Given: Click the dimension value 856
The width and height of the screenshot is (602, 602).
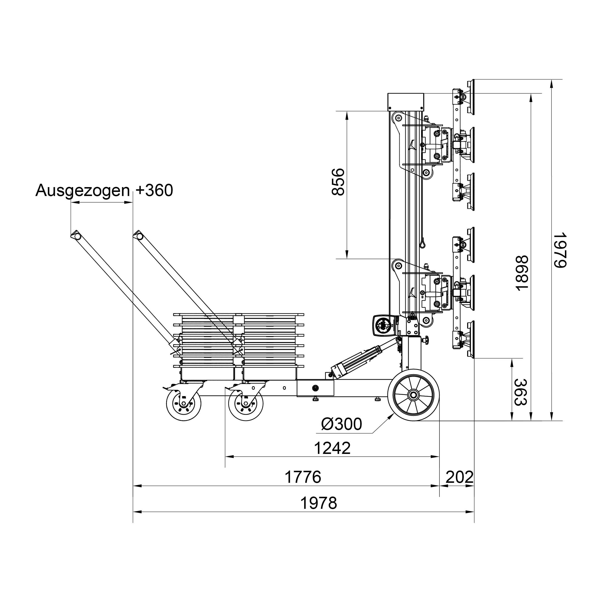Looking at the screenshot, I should (338, 182).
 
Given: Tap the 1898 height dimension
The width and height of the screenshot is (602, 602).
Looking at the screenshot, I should (522, 273).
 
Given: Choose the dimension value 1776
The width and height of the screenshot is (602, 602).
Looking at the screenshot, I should (303, 477).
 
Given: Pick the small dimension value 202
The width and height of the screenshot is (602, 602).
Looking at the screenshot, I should (459, 477).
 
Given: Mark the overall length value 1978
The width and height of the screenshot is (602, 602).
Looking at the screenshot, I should (318, 503).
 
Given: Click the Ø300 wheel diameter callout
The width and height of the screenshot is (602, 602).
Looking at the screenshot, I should (341, 424).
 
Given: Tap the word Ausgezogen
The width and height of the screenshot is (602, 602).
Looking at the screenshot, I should (83, 190).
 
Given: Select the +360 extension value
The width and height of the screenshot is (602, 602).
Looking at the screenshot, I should (155, 190).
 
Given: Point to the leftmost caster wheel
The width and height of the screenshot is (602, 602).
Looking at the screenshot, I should (183, 404).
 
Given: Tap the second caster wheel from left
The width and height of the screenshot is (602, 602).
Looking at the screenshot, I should (246, 404).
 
